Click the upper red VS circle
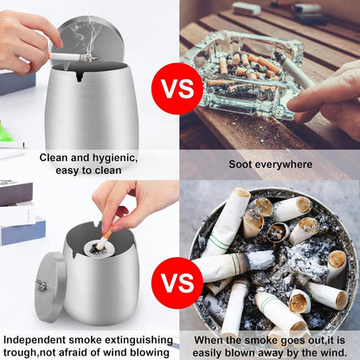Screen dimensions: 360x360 177,88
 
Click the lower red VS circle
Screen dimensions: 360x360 177,283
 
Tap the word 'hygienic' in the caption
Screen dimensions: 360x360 114,158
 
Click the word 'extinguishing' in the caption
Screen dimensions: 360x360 139,340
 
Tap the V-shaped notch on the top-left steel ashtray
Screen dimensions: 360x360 80,76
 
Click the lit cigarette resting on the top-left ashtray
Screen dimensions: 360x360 72,57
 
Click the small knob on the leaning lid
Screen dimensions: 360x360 41,286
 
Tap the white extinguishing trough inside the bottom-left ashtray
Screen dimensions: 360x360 98,248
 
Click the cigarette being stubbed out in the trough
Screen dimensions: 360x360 105,238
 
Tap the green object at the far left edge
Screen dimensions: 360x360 6,132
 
